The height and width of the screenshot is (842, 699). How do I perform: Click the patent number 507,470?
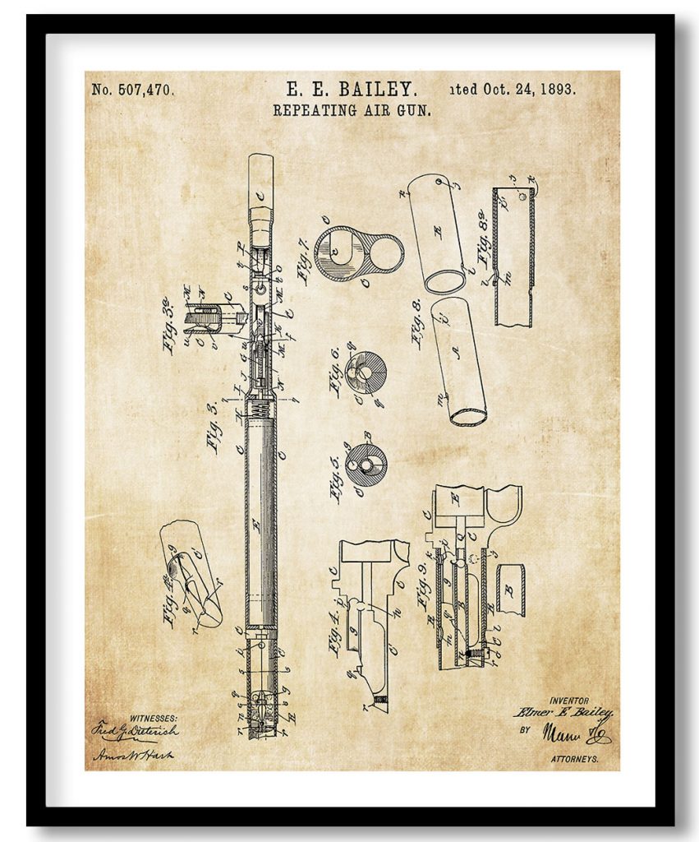pos(132,90)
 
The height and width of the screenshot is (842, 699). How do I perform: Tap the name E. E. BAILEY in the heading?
pos(351,89)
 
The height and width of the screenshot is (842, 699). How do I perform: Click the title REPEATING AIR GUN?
pos(352,110)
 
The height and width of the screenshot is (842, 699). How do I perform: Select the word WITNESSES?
pos(153,717)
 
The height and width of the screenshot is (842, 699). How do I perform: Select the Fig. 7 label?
pos(303,261)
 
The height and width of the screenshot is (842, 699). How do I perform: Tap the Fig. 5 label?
pos(335,480)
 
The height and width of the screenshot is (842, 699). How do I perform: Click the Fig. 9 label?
pos(425,586)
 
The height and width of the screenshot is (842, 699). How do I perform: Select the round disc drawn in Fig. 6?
pos(366,372)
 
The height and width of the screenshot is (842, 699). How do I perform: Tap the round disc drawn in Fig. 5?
pos(366,464)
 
